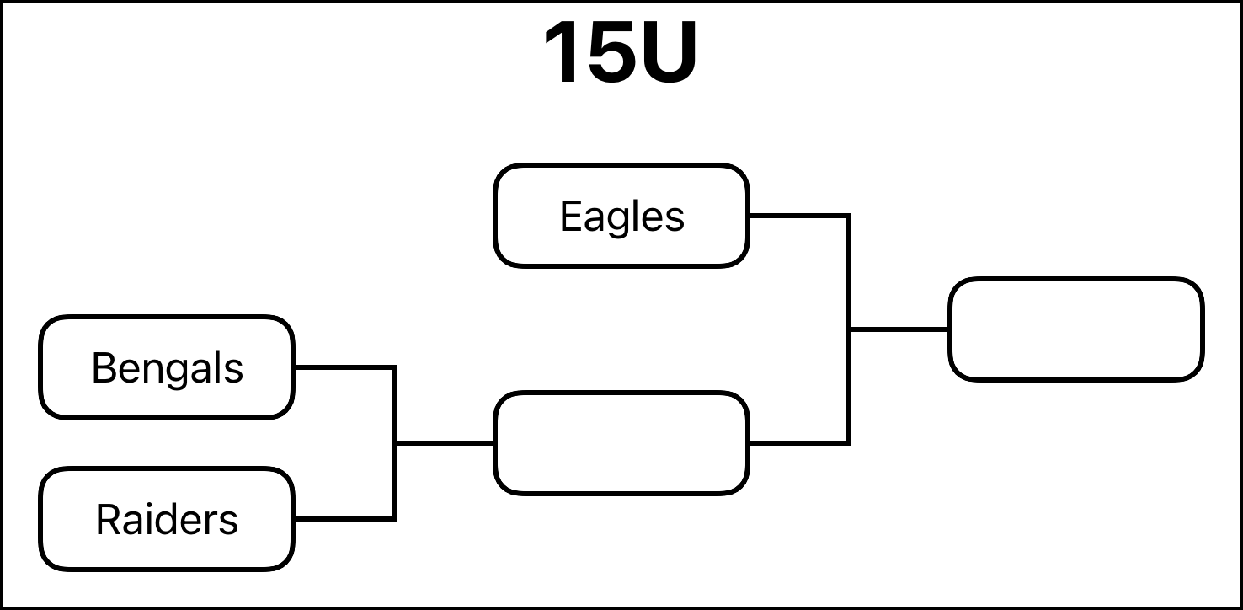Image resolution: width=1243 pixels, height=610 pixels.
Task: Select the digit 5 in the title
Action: click(x=611, y=53)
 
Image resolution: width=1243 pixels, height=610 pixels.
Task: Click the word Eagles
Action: click(x=622, y=217)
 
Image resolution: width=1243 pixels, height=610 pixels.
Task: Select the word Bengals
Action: click(x=167, y=368)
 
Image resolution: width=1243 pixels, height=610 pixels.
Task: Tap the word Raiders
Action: click(x=167, y=520)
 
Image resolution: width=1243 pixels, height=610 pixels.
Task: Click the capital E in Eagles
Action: click(x=572, y=216)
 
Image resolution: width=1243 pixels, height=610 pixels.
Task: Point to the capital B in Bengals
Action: click(x=104, y=367)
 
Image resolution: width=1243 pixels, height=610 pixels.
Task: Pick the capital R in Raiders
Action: click(x=109, y=519)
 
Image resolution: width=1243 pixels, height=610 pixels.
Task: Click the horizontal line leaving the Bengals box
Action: click(x=344, y=367)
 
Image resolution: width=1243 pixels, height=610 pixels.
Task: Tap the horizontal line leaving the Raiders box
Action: click(x=344, y=519)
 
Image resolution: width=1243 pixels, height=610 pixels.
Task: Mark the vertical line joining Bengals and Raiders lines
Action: click(x=394, y=443)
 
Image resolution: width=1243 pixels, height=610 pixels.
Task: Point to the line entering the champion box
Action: click(x=899, y=329)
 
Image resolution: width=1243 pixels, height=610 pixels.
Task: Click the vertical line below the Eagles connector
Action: click(x=849, y=329)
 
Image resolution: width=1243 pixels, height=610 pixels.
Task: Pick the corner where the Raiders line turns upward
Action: click(x=394, y=519)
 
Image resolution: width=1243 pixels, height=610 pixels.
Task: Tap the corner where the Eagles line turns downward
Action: click(x=849, y=216)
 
